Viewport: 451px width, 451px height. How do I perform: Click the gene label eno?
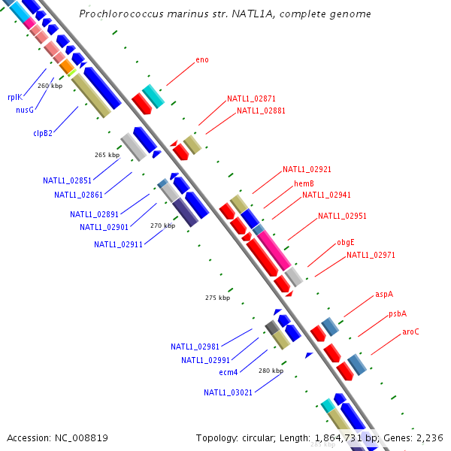[202, 59]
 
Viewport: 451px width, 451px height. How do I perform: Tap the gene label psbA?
[398, 313]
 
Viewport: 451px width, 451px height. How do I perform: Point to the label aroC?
[410, 331]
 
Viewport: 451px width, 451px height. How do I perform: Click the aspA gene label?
[384, 295]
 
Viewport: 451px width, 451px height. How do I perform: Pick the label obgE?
[346, 242]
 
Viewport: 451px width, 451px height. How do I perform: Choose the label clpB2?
[43, 133]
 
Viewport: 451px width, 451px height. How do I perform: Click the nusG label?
[25, 110]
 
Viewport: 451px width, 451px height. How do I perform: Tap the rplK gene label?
[15, 97]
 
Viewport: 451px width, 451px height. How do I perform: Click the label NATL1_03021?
[229, 392]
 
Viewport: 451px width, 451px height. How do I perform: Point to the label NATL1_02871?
[252, 98]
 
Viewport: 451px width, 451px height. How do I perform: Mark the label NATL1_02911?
[119, 244]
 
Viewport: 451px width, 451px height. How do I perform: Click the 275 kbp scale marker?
[217, 298]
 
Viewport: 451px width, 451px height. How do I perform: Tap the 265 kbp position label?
[107, 155]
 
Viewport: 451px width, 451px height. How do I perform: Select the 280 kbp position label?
[271, 371]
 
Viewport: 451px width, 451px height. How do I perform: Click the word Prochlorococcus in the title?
[114, 14]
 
